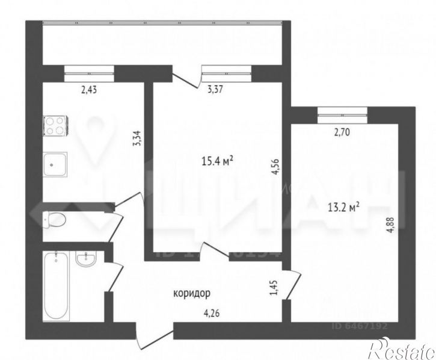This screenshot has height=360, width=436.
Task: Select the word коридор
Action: (x=191, y=293)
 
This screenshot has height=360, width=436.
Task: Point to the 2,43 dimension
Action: (x=89, y=91)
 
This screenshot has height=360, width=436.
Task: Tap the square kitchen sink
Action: (x=55, y=163)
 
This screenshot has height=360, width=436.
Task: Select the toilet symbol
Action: (x=53, y=220)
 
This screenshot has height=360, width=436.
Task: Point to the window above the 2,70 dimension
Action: (x=341, y=111)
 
